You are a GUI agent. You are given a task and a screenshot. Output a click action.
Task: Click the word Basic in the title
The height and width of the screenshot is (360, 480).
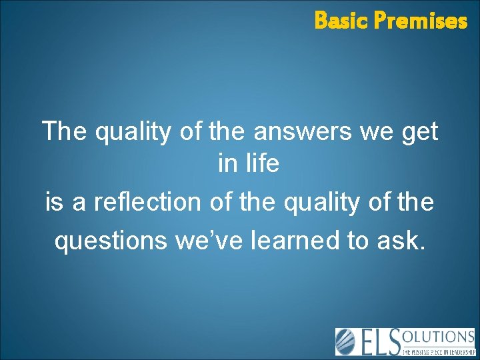pyautogui.click(x=341, y=21)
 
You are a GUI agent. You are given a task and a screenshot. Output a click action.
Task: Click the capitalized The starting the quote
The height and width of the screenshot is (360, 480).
pyautogui.click(x=65, y=131)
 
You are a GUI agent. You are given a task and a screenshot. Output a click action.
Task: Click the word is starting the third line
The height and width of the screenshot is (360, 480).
pyautogui.click(x=54, y=201)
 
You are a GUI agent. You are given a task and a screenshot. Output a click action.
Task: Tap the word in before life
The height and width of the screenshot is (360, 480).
pyautogui.click(x=225, y=164)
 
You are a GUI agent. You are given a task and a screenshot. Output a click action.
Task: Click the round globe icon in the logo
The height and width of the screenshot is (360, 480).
pyautogui.click(x=347, y=342)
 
